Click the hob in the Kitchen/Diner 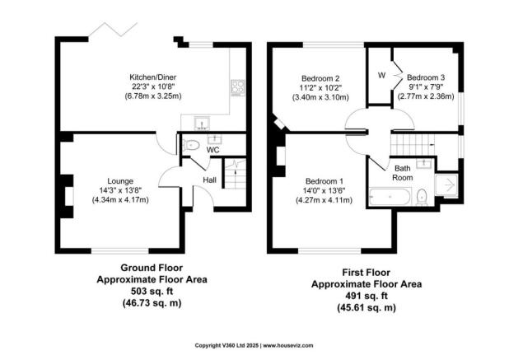[x=238, y=86]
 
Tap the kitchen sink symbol [x=200, y=124]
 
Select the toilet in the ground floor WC [x=191, y=146]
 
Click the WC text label [x=212, y=151]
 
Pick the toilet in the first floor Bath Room [x=421, y=196]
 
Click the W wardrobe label [x=381, y=76]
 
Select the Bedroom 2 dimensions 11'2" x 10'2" [x=321, y=88]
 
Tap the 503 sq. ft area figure [x=152, y=291]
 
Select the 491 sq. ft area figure [x=366, y=294]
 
